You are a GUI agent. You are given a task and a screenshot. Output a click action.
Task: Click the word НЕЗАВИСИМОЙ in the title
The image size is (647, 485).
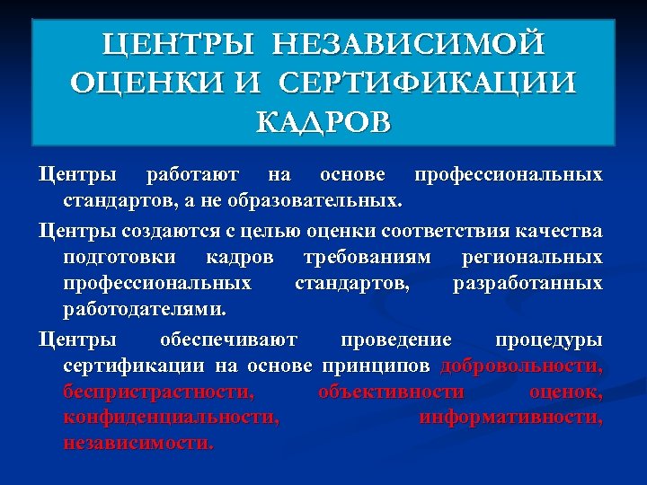[x=409, y=43]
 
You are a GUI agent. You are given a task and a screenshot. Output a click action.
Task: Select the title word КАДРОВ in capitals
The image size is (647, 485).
[x=323, y=121]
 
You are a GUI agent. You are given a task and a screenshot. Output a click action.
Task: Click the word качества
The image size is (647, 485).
[x=559, y=232]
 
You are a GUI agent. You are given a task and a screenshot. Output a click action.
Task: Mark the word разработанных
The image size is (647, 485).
[x=527, y=283]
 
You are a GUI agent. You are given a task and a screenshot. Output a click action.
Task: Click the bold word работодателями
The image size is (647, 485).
[x=144, y=309]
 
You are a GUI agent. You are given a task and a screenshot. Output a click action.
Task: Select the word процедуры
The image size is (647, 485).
[x=549, y=340]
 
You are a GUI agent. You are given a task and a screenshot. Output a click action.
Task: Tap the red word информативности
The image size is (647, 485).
[x=511, y=418]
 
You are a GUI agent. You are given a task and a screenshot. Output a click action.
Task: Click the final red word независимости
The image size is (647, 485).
[x=138, y=444]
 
